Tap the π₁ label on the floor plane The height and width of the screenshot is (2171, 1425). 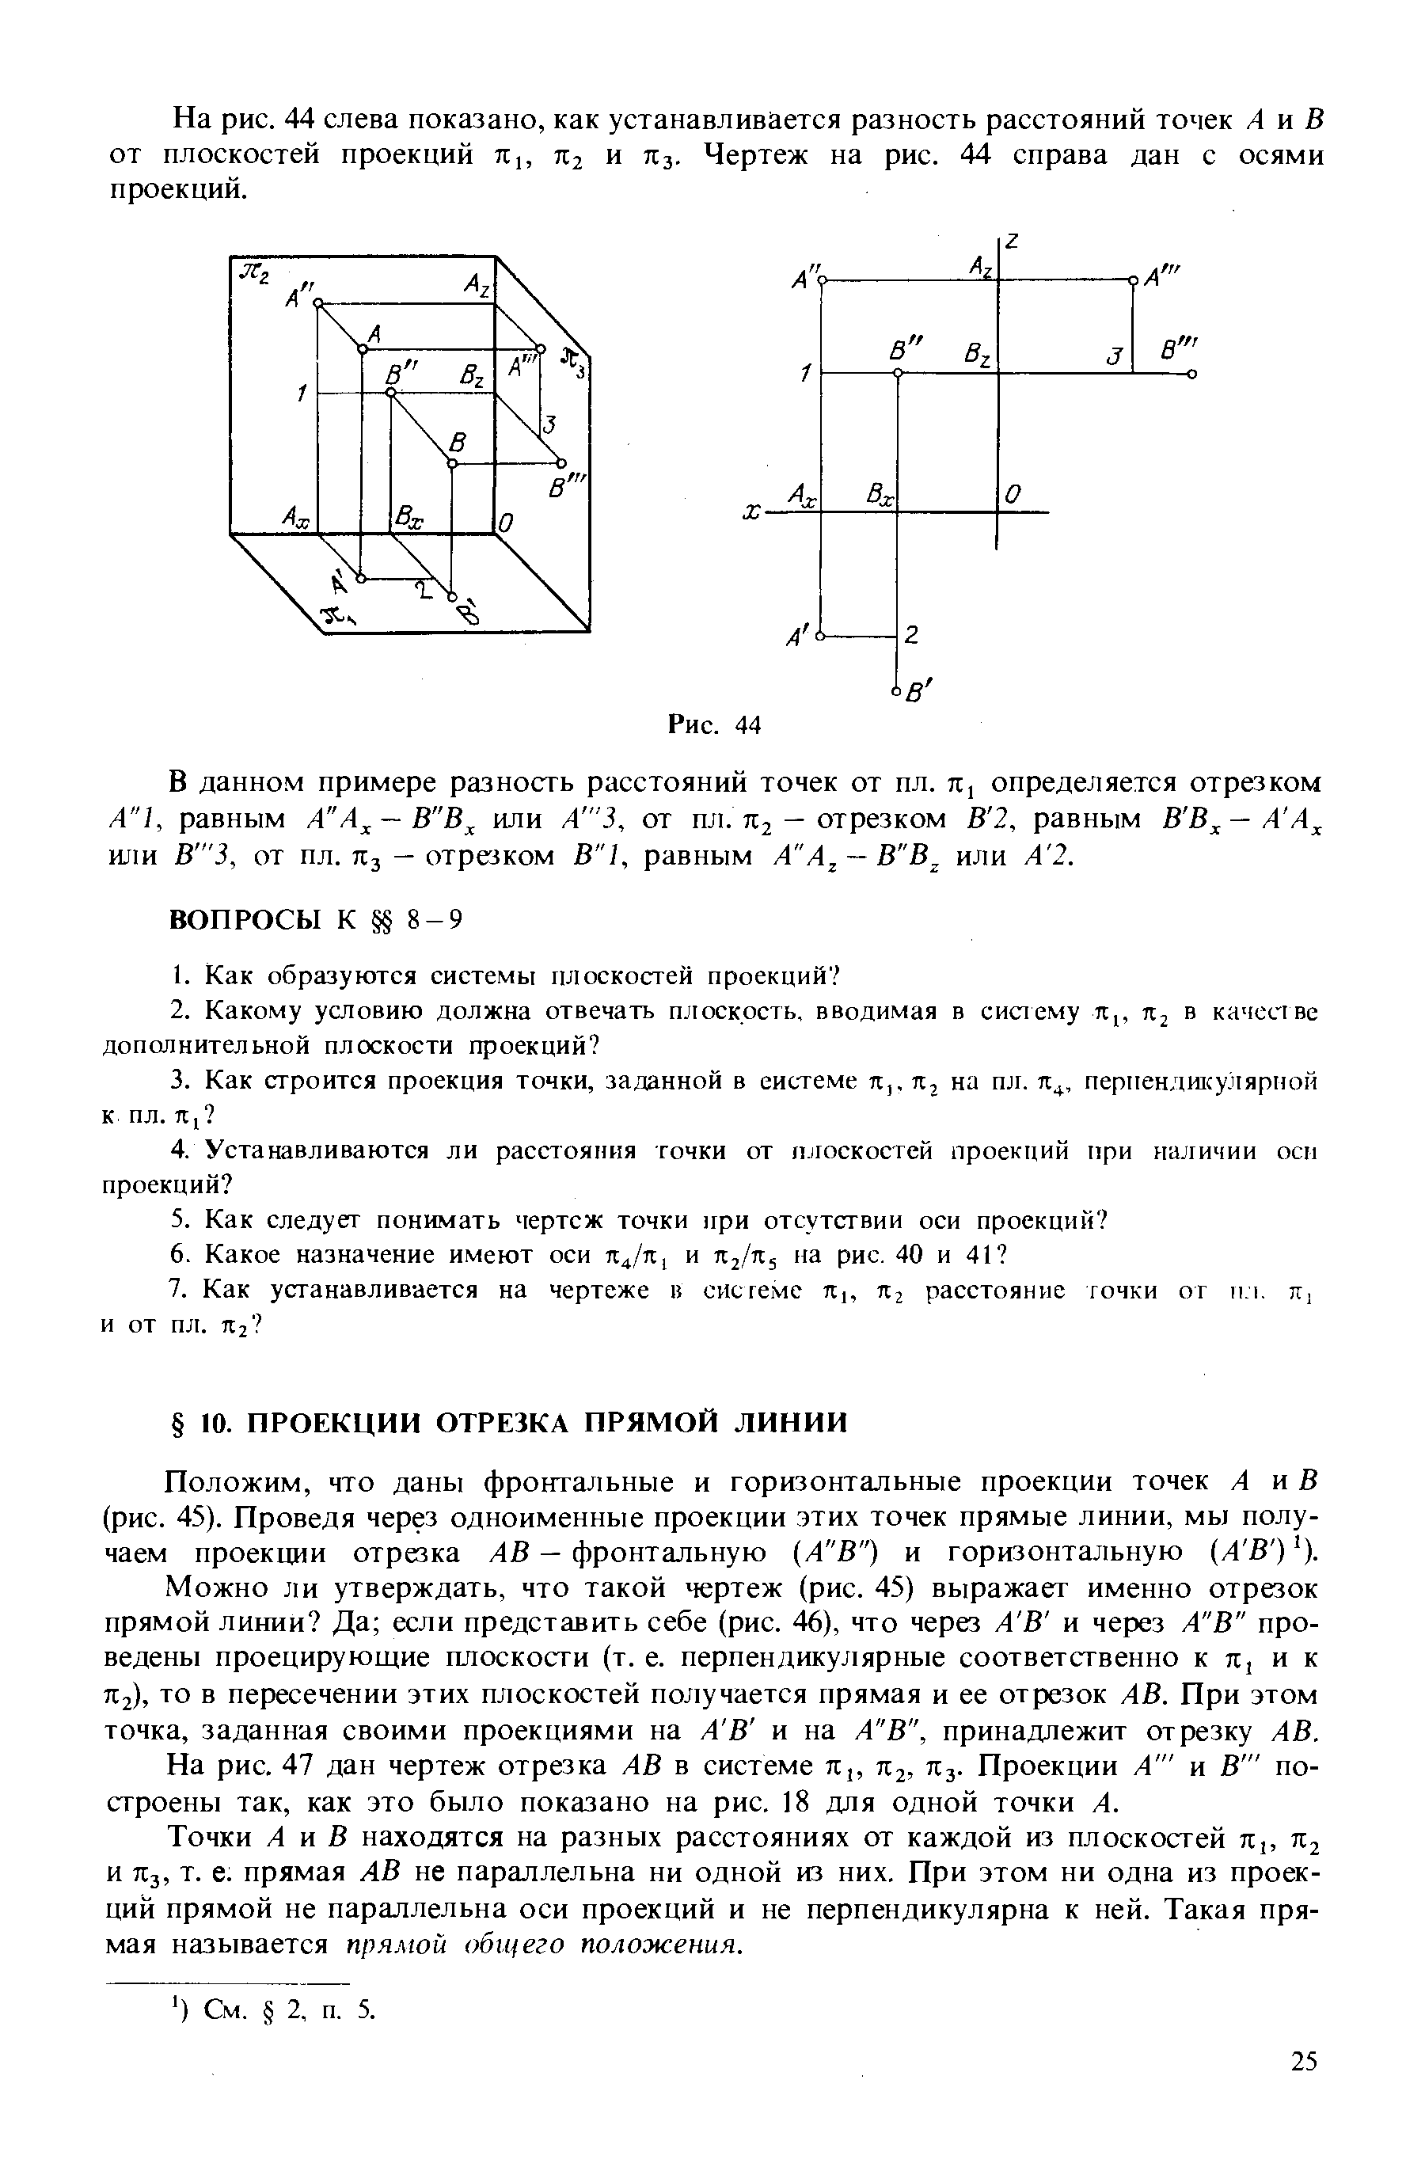[340, 618]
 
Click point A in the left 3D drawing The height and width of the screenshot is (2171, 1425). [362, 348]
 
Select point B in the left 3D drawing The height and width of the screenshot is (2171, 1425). [451, 466]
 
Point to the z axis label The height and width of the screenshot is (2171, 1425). [1013, 245]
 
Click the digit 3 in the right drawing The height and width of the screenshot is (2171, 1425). [1111, 356]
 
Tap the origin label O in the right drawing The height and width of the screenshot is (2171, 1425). [1013, 494]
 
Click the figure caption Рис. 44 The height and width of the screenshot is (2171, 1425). [713, 725]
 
